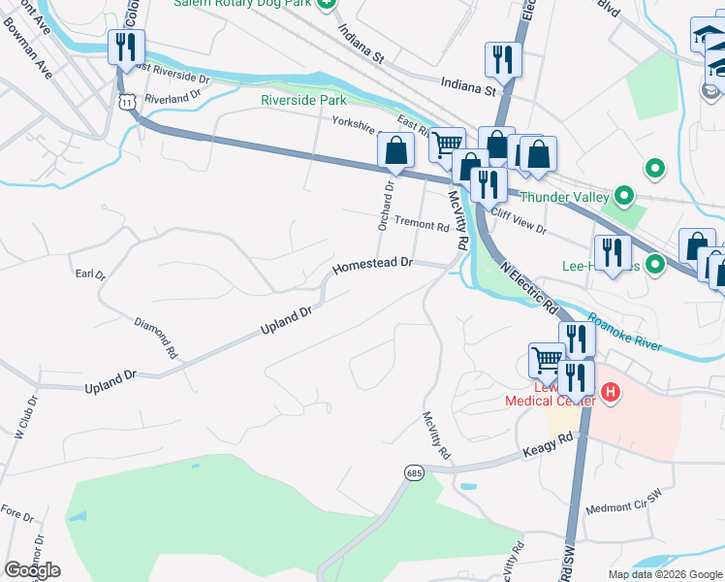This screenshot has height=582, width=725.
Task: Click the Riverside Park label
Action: (303, 99)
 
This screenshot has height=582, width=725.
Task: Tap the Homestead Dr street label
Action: (373, 264)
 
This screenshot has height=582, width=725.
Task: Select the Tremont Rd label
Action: (422, 226)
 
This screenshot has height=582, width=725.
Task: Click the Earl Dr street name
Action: (89, 275)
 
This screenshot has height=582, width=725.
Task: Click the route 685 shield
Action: (414, 472)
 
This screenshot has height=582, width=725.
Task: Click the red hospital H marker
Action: (611, 393)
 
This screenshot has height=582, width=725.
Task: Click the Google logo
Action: (32, 569)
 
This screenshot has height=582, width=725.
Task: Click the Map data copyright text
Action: (664, 574)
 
